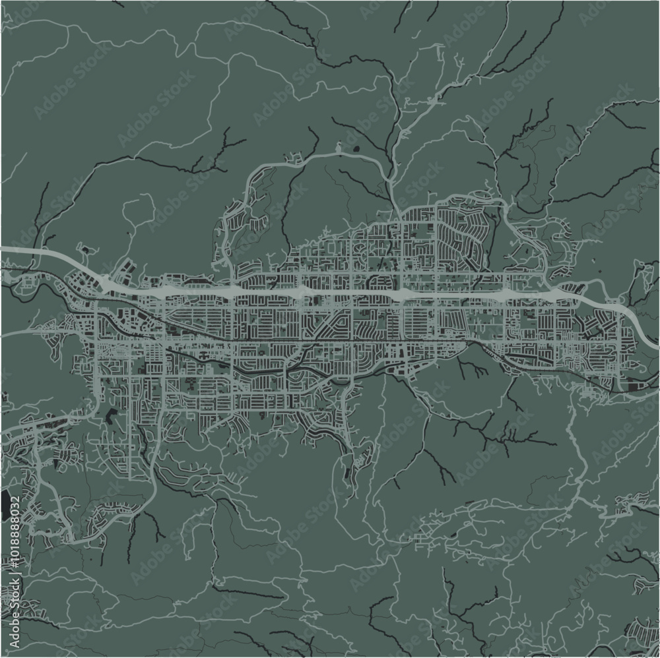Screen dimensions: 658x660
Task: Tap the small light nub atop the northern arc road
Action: click(339, 150)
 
